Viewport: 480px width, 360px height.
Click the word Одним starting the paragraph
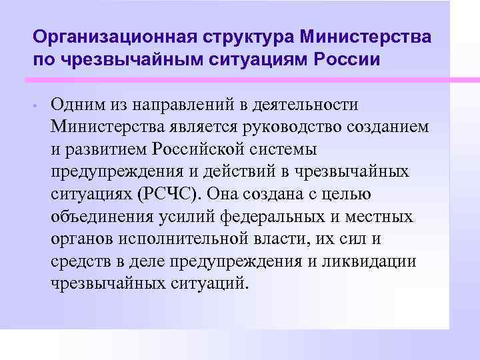(x=77, y=105)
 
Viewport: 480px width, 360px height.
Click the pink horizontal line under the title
(x=240, y=80)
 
